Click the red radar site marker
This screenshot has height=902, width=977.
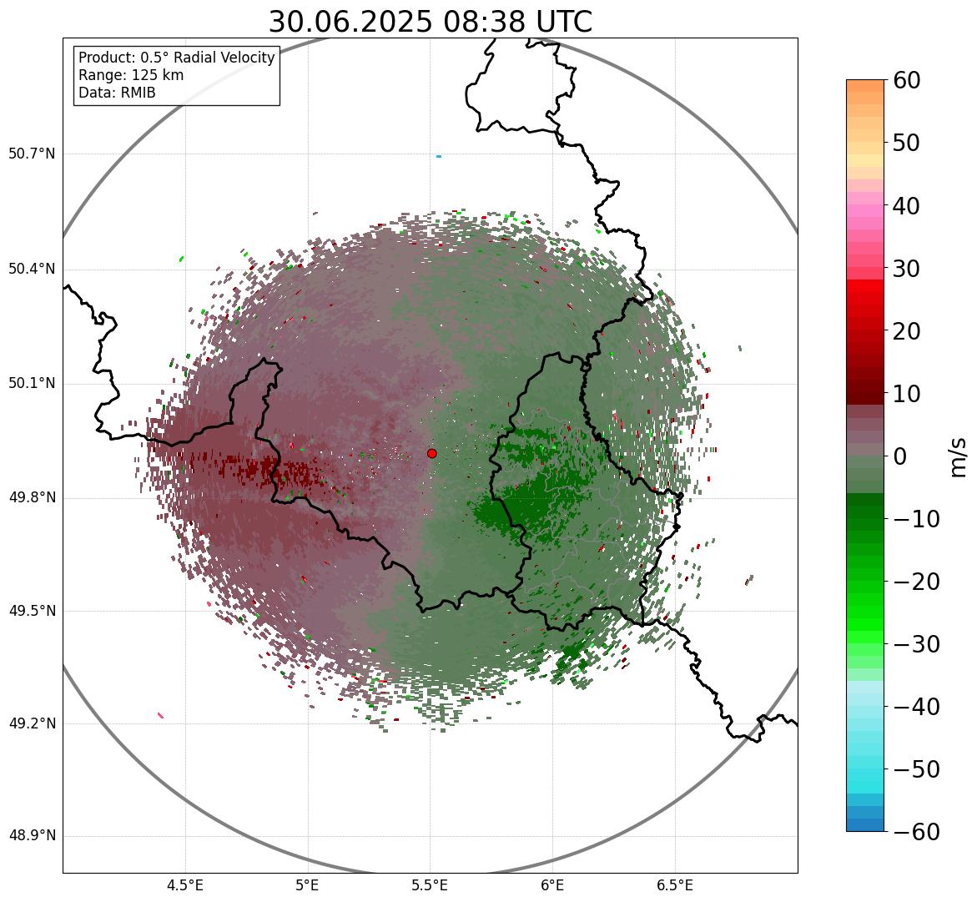click(431, 453)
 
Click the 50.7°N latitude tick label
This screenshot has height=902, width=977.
click(32, 154)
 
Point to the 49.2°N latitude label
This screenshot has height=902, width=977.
click(32, 723)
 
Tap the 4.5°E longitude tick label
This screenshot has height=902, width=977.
click(185, 884)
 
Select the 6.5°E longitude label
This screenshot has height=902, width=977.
click(674, 884)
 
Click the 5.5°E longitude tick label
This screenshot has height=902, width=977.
click(430, 884)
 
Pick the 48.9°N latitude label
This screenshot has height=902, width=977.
click(32, 836)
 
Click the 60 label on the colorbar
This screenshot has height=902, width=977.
click(907, 80)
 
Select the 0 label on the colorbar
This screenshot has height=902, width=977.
click(900, 456)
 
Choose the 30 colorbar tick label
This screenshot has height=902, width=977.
click(907, 269)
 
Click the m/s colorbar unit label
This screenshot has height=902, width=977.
click(959, 456)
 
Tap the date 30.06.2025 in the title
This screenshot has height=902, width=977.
click(350, 23)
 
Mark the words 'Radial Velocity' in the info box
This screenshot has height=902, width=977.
click(224, 58)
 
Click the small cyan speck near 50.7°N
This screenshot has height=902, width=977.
click(438, 156)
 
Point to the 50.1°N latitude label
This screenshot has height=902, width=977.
click(32, 384)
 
